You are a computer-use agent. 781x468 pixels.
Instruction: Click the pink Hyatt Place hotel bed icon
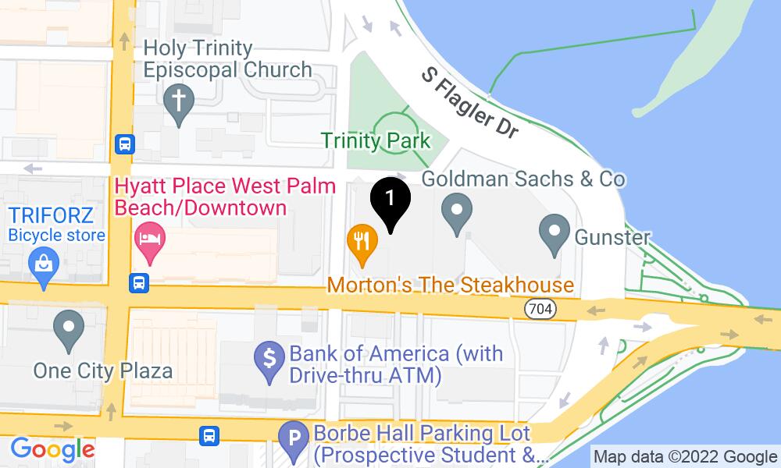(x=148, y=237)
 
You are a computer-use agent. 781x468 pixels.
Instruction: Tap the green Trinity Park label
(x=376, y=141)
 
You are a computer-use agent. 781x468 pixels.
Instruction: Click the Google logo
(x=52, y=449)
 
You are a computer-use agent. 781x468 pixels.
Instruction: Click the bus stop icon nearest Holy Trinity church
(x=125, y=144)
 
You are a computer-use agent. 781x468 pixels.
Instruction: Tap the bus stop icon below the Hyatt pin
(x=140, y=282)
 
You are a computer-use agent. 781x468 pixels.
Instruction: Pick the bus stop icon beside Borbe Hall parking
(x=209, y=434)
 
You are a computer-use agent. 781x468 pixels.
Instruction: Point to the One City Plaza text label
(x=102, y=370)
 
